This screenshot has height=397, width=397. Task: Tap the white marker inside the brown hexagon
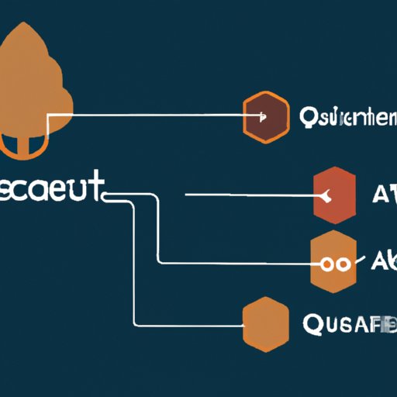(x=264, y=118)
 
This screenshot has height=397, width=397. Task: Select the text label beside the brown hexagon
(x=347, y=118)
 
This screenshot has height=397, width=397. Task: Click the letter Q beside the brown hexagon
(x=307, y=118)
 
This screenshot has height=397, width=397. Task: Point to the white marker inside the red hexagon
(x=333, y=195)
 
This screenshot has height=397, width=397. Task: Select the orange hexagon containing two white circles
(x=335, y=261)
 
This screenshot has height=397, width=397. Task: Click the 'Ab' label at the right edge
(x=384, y=262)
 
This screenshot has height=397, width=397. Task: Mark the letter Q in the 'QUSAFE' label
(x=308, y=324)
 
